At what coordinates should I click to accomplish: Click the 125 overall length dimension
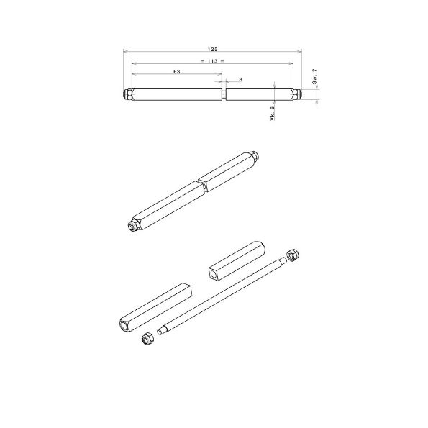[x=212, y=49]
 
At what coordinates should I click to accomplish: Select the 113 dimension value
[x=212, y=61]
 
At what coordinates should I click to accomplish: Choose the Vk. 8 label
[x=272, y=114]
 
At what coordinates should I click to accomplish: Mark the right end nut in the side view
[x=296, y=95]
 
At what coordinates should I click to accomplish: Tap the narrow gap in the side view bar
[x=224, y=95]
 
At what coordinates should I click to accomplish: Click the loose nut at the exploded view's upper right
[x=293, y=255]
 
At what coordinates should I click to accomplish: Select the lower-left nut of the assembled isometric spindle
[x=133, y=226]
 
